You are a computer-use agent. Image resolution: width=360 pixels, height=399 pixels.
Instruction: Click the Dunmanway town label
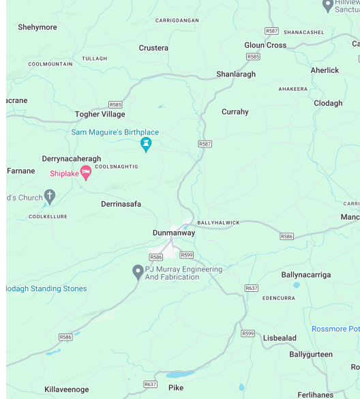click(x=173, y=233)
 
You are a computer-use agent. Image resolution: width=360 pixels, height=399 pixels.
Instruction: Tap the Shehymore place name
click(x=37, y=27)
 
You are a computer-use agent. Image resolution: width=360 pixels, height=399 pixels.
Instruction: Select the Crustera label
click(x=153, y=48)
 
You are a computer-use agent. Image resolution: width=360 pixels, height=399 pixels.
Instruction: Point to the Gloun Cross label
click(x=265, y=45)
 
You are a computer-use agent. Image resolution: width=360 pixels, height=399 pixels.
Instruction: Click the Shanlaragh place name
click(x=236, y=74)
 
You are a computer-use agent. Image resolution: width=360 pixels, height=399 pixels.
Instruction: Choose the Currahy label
click(x=235, y=112)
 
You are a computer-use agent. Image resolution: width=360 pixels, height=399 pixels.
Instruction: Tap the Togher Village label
click(x=100, y=115)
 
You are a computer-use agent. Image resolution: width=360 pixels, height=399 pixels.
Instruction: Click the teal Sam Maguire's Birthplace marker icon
click(x=145, y=144)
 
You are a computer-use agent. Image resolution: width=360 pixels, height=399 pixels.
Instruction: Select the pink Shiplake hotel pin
click(x=86, y=173)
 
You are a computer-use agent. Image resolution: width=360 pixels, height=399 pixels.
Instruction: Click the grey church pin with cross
click(x=49, y=197)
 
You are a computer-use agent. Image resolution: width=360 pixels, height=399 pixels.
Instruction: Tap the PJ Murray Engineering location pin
click(x=138, y=271)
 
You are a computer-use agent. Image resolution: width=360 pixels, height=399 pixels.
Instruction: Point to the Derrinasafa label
click(x=121, y=204)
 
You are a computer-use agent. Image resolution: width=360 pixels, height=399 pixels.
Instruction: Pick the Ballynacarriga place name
click(x=306, y=275)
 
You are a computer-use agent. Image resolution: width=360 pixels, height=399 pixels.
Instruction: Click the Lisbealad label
click(x=280, y=338)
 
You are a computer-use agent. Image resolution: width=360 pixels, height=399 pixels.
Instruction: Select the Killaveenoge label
click(x=67, y=389)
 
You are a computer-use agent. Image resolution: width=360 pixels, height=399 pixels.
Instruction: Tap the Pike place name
click(x=176, y=388)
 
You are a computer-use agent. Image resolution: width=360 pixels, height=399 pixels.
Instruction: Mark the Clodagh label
click(x=328, y=103)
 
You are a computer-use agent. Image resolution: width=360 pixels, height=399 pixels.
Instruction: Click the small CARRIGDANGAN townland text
click(x=177, y=20)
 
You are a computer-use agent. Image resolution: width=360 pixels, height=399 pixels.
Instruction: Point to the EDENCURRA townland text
click(x=278, y=298)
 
